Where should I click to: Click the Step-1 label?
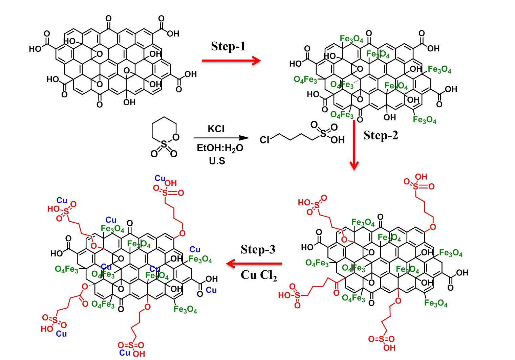pos(228,46)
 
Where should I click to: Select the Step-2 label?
pos(381,135)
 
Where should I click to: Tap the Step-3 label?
pos(258,249)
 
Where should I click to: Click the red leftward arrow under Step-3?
pos(254,264)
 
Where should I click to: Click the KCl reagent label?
pos(216,129)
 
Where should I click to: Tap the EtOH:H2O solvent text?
pos(220,148)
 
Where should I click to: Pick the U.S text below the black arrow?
pos(217,161)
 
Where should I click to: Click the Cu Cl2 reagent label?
pos(259,275)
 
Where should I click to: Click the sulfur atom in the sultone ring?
pos(164,145)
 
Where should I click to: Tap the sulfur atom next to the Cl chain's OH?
pos(323,134)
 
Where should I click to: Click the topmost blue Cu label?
pos(160,178)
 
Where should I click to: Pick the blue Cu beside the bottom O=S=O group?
pos(125,353)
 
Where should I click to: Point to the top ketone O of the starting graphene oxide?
pos(108,19)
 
